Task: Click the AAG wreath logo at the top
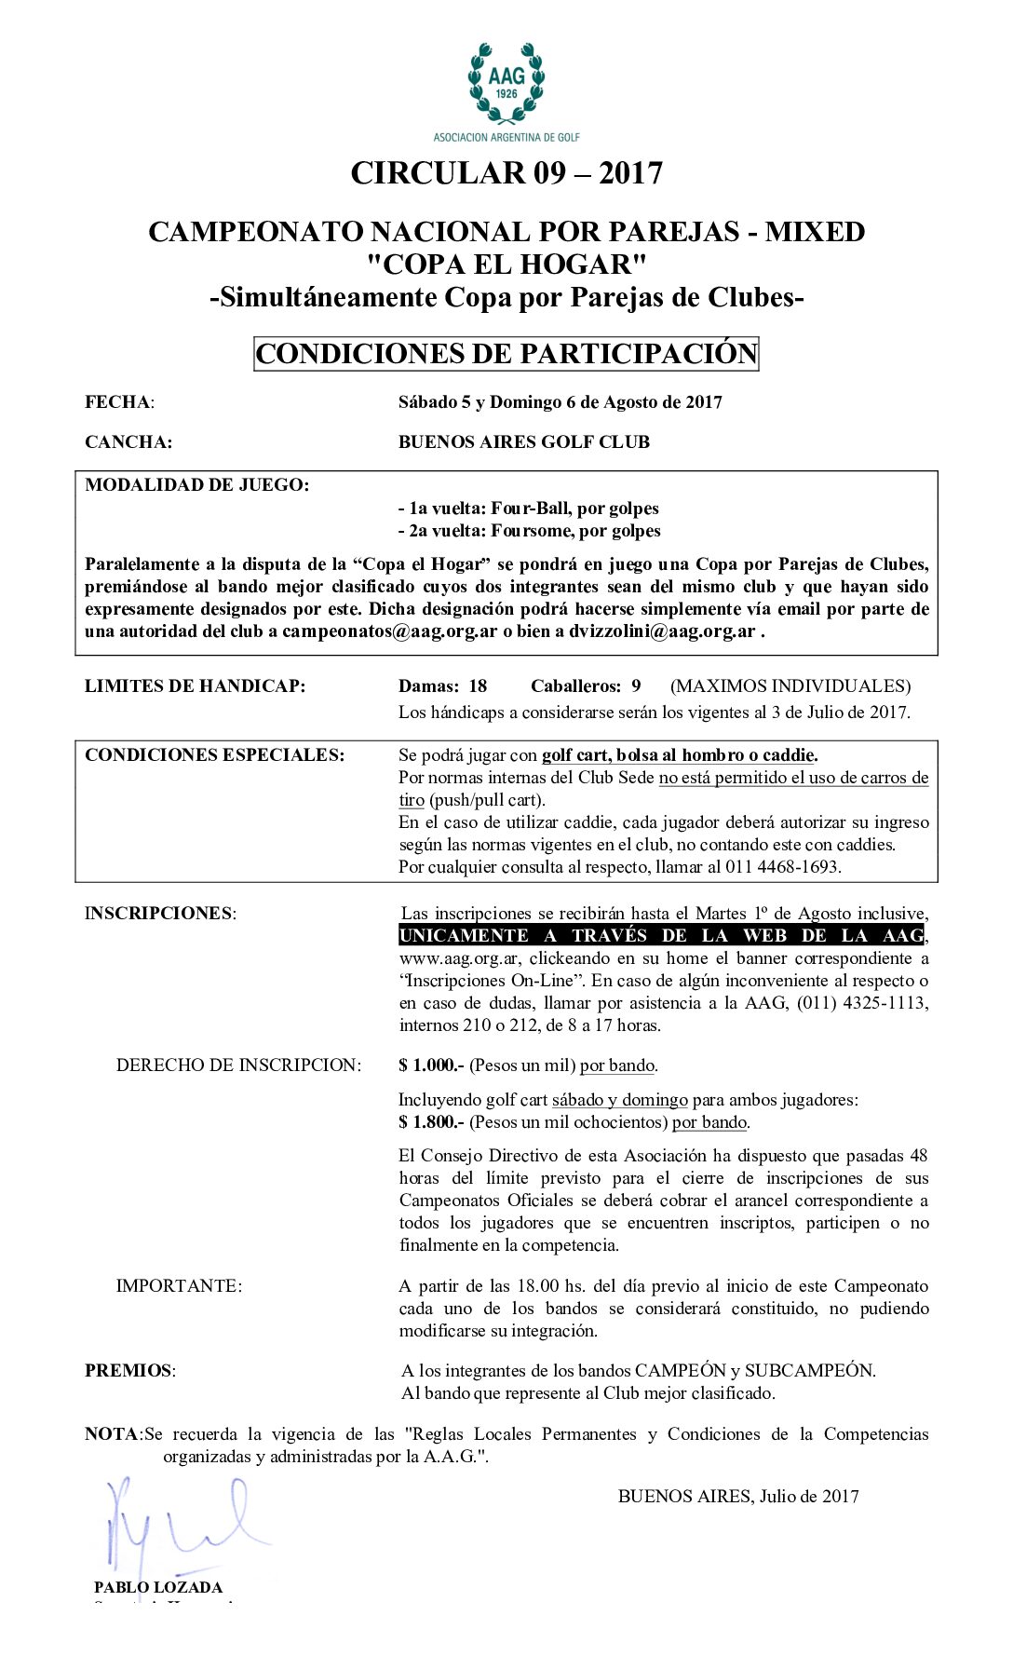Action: [506, 84]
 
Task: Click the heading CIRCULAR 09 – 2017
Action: [506, 173]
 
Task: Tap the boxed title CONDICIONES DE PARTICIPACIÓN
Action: [506, 354]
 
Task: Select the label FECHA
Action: [118, 402]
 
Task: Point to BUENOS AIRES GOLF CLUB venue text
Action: [524, 442]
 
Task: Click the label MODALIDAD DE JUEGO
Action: [196, 485]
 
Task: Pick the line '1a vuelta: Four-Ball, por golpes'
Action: [529, 509]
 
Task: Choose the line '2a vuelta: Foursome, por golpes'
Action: [530, 531]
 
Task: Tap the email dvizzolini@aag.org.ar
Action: [656, 631]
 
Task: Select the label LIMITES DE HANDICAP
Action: [195, 686]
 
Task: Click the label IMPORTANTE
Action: [179, 1286]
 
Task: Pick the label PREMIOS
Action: [129, 1371]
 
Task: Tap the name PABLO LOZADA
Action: [158, 1587]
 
